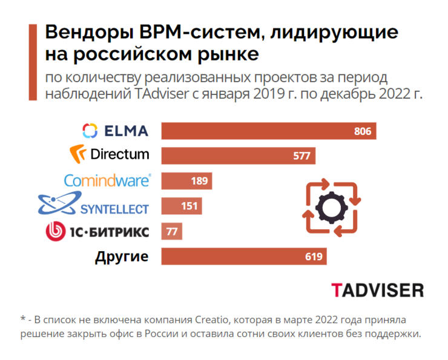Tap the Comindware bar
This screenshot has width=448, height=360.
pyautogui.click(x=182, y=181)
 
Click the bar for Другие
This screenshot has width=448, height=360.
pyautogui.click(x=242, y=257)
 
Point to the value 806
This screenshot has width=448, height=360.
pyautogui.click(x=362, y=131)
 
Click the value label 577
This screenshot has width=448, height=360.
pyautogui.click(x=301, y=155)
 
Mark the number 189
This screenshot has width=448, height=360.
pyautogui.click(x=199, y=181)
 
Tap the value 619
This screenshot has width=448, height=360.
pyautogui.click(x=313, y=257)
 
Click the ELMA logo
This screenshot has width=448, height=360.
pyautogui.click(x=115, y=130)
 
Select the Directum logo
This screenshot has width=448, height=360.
pyautogui.click(x=110, y=154)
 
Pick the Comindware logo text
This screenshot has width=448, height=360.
pyautogui.click(x=108, y=180)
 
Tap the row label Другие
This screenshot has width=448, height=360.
pyautogui.click(x=122, y=257)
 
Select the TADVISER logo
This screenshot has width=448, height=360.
pyautogui.click(x=377, y=290)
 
